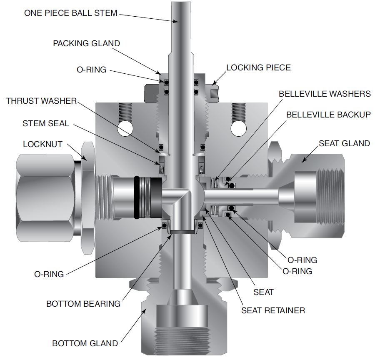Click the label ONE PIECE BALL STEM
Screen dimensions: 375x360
click(71, 13)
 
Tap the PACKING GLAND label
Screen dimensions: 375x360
click(86, 43)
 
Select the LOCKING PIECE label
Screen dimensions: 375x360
click(258, 67)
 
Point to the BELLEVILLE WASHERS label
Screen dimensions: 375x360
click(325, 93)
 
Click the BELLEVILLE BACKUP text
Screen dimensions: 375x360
click(328, 115)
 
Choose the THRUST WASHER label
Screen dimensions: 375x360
click(41, 101)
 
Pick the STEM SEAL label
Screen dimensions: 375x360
click(46, 123)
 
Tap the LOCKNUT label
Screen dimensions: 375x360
click(42, 144)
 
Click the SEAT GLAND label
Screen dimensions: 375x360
click(345, 143)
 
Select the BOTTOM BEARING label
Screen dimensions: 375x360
click(83, 304)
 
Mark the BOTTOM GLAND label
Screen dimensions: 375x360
click(85, 343)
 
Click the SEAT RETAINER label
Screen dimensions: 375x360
click(273, 310)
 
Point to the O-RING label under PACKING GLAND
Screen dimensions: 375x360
click(91, 70)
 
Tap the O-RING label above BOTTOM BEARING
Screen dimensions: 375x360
click(49, 274)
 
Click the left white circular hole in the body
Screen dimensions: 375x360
click(125, 129)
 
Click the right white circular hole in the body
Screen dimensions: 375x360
click(239, 129)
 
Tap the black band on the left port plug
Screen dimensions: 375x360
click(136, 197)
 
